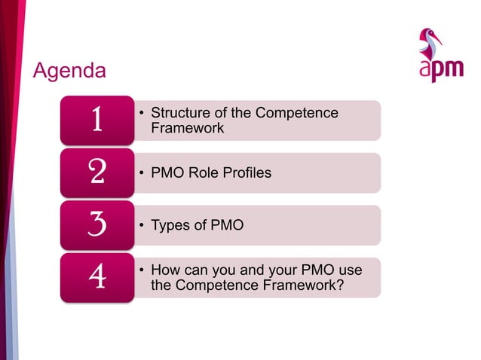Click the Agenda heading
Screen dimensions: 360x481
tap(69, 72)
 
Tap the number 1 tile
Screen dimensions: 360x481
tap(97, 121)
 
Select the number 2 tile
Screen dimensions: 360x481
tap(97, 172)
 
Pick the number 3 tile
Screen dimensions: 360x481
tap(97, 225)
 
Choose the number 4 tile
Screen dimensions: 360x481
tap(97, 277)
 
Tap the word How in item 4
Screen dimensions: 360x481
tap(165, 270)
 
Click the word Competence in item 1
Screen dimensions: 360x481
tap(296, 113)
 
